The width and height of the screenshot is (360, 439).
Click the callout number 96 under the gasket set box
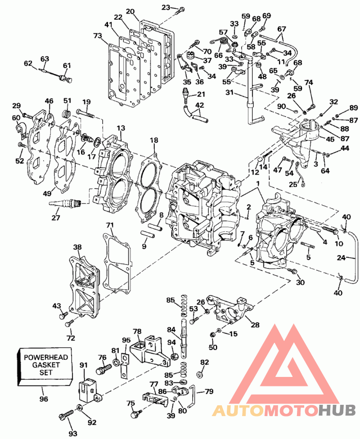(x=43, y=399)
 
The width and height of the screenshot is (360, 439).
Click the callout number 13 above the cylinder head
(x=121, y=129)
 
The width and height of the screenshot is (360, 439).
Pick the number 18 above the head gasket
(x=154, y=140)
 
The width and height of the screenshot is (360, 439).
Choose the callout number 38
(x=78, y=247)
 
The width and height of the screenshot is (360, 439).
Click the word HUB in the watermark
(x=337, y=410)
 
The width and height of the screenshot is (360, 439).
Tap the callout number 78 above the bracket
(x=137, y=331)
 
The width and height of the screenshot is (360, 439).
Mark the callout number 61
(x=67, y=66)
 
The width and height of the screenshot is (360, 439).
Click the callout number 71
(x=110, y=225)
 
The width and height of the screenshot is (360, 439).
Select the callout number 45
(x=330, y=139)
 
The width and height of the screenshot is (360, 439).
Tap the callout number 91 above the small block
(x=84, y=366)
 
